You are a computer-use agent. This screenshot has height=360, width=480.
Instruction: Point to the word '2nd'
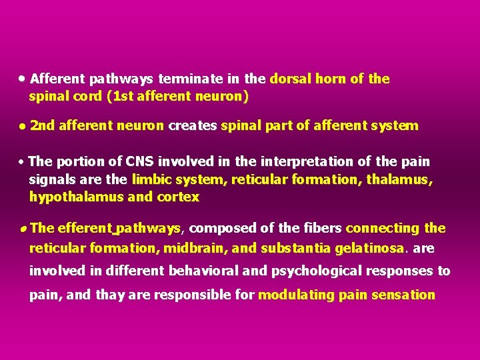coord(42,125)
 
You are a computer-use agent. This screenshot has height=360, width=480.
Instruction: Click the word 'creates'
coord(193,125)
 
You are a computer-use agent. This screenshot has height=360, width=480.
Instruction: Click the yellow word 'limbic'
coord(152,179)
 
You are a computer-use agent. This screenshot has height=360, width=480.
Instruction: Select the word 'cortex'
coord(178,197)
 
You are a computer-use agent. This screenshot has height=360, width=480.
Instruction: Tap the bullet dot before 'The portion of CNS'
coord(23,162)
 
